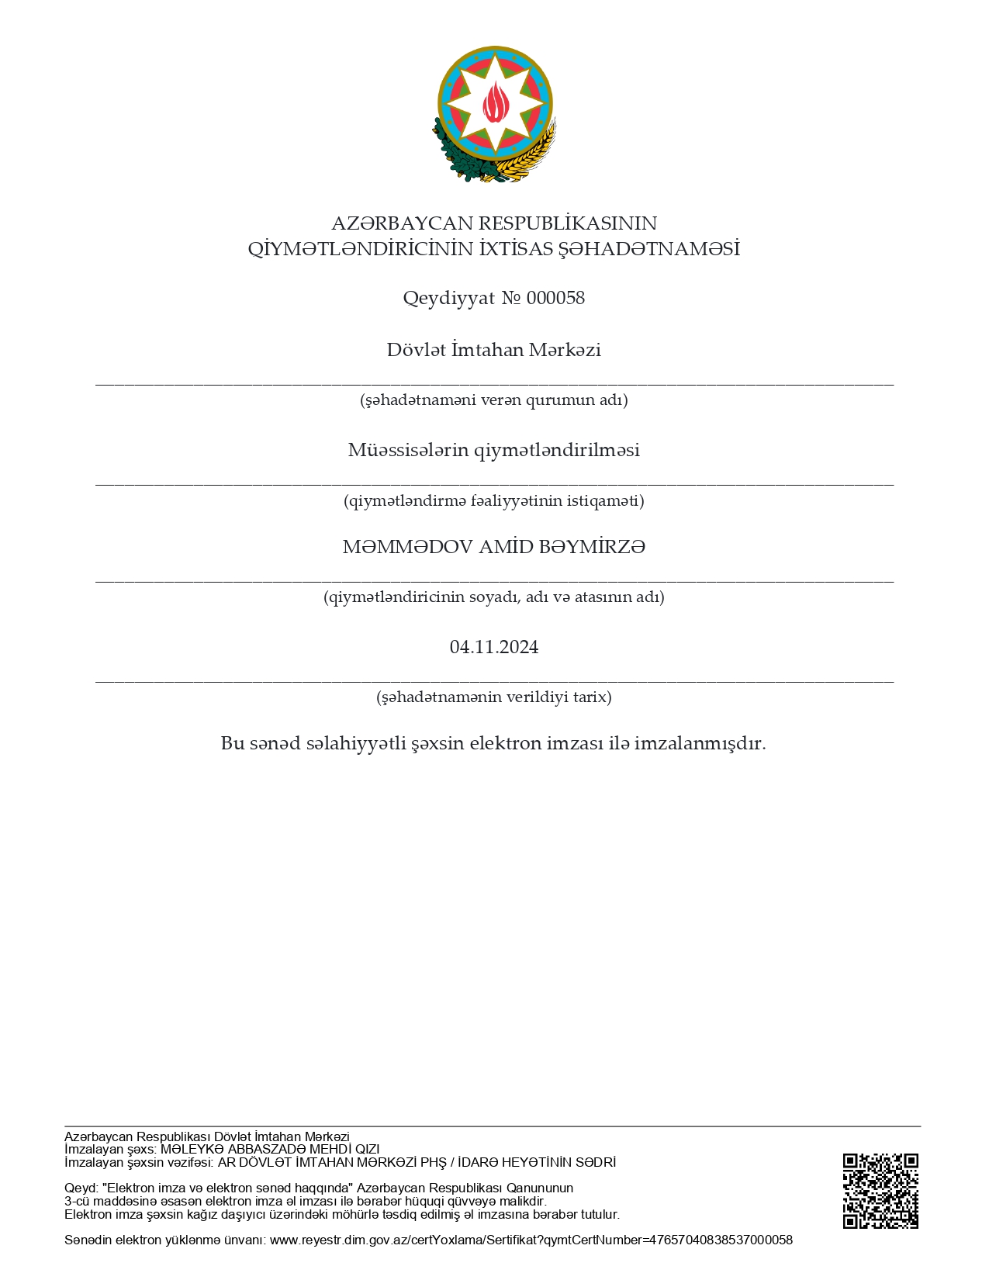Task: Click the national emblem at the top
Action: click(494, 114)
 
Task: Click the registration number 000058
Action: click(555, 298)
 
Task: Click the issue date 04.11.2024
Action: click(494, 647)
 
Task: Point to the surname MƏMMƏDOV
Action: click(407, 547)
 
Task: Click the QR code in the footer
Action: click(880, 1191)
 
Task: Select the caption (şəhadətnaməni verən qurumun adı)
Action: click(494, 400)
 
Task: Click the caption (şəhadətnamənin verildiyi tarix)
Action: click(494, 697)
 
